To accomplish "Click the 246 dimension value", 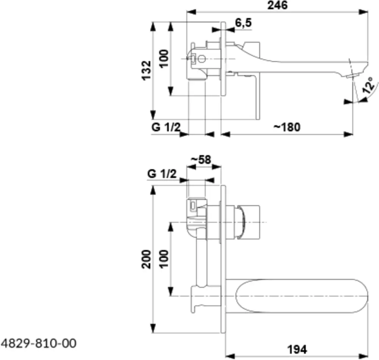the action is coord(277,5).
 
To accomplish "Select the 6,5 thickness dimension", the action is coord(243,23).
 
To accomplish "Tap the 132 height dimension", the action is coord(146,71).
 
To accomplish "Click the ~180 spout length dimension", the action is coord(287,127).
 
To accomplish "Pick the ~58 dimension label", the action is coord(201,160).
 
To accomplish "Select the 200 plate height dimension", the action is coord(146,259).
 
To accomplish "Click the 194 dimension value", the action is coord(297,349).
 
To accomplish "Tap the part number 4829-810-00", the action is coord(39,343).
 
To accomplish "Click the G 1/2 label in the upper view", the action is coord(166,127).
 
